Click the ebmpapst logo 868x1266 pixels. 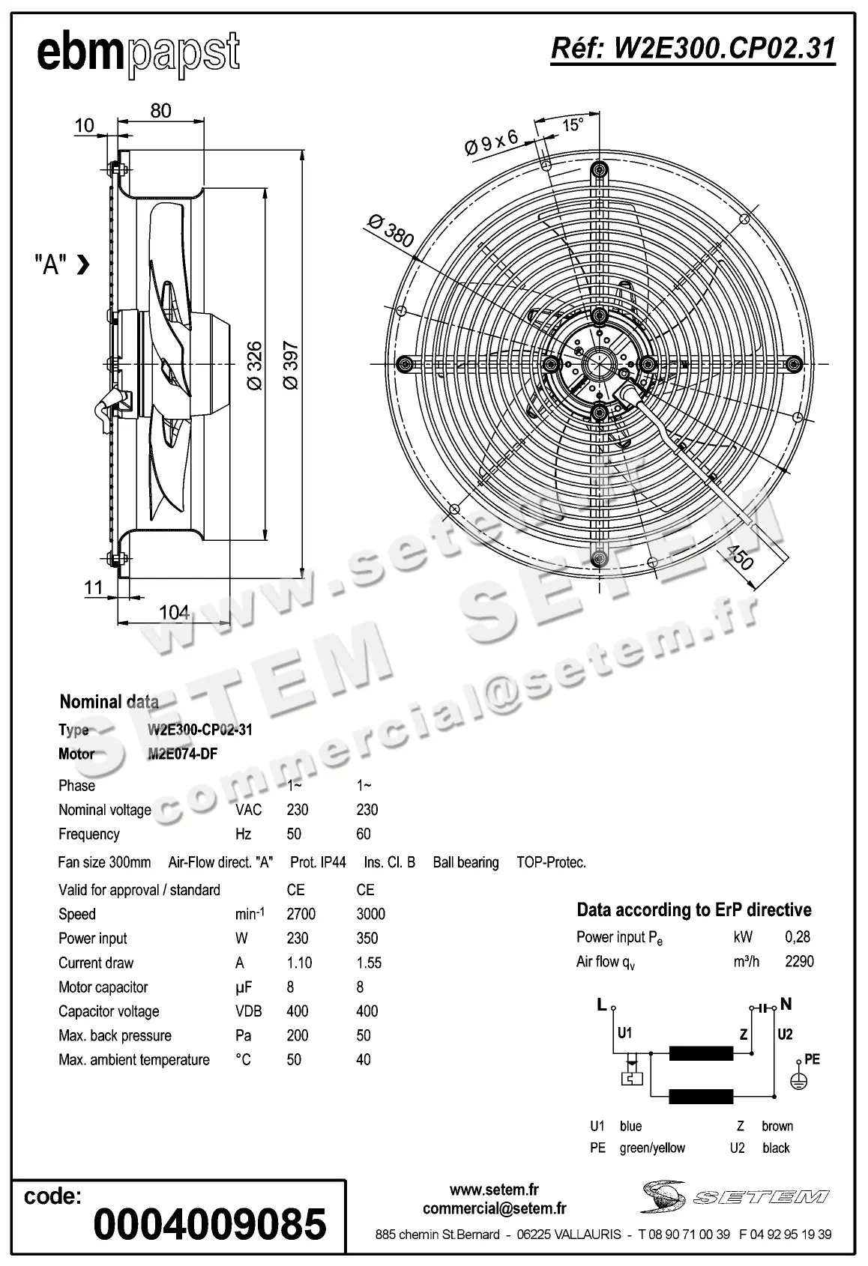click(x=139, y=53)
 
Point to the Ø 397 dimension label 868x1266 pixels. click(x=291, y=366)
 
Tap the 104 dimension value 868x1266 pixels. click(x=174, y=612)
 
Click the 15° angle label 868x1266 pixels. click(x=573, y=124)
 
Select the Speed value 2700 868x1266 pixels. click(x=301, y=914)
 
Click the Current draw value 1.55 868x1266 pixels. click(x=369, y=963)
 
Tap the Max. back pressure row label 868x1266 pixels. click(x=115, y=1035)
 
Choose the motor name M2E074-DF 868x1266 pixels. click(x=183, y=754)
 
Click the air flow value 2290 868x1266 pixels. click(x=799, y=961)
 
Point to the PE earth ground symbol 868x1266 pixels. click(x=799, y=1081)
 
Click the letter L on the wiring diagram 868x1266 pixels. click(x=601, y=1005)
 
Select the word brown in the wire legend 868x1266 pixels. click(x=777, y=1126)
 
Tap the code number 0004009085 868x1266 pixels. click(x=210, y=1223)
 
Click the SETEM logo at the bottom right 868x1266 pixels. click(x=735, y=1196)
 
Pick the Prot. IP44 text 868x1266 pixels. click(x=318, y=862)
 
